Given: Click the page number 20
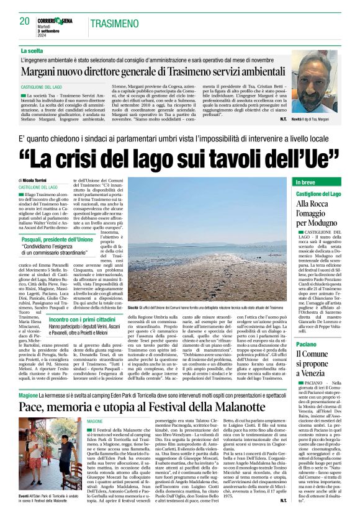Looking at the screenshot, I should (25, 21).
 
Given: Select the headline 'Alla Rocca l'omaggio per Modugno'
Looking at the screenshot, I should (318, 213).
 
